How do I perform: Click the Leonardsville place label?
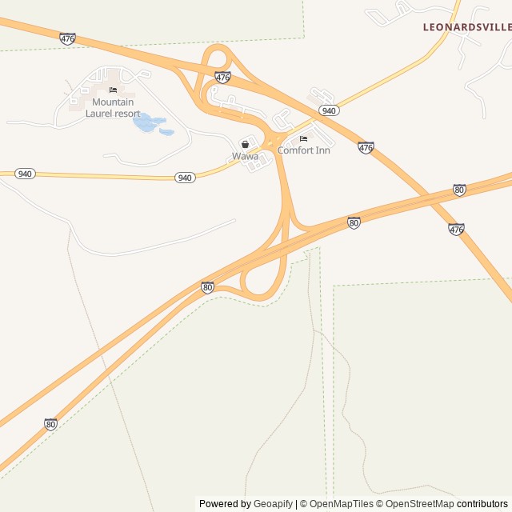[467, 27]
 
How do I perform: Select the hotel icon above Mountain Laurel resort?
[113, 90]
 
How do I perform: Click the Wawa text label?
[245, 156]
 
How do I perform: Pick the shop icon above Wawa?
[245, 144]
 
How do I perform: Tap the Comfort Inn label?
[303, 150]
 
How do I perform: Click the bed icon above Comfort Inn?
[303, 139]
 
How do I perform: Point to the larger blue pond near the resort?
[146, 122]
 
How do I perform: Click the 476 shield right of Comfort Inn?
[366, 147]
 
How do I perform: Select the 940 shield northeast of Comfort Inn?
[328, 110]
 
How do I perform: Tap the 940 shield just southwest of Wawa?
[185, 178]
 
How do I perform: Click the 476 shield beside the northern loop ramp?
[223, 77]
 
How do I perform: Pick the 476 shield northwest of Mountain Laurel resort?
[68, 38]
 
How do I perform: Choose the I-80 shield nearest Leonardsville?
[459, 190]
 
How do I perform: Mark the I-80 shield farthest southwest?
[51, 424]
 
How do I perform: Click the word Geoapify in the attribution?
[274, 504]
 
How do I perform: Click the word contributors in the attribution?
[482, 504]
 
